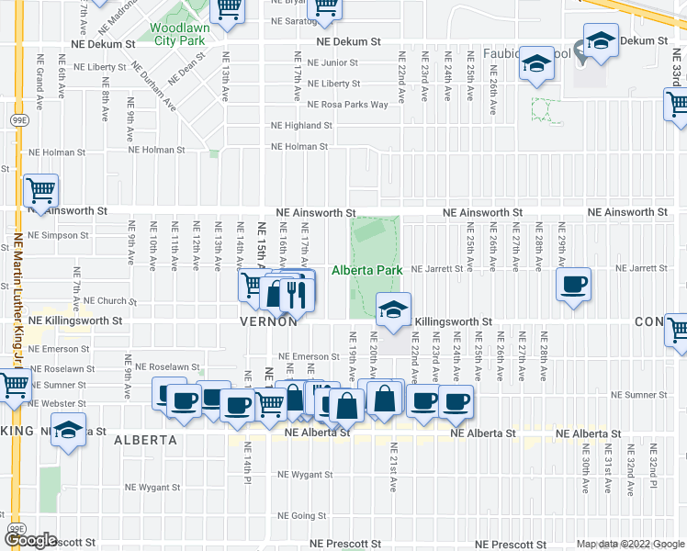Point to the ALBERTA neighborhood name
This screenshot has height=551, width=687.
click(145, 440)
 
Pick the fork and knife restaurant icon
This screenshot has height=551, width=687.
click(297, 293)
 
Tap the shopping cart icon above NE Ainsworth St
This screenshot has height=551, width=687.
click(41, 191)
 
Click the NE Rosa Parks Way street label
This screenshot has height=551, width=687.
click(348, 105)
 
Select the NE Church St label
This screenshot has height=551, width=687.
click(110, 300)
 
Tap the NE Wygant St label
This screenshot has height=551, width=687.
click(152, 488)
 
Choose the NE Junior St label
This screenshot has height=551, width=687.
click(332, 63)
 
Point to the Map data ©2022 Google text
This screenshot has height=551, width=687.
click(629, 544)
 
